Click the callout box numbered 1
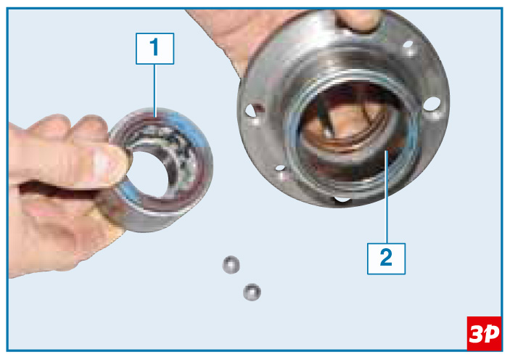[155, 49]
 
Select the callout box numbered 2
[386, 258]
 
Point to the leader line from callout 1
[155, 91]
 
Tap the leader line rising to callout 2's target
[387, 197]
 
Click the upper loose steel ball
[231, 265]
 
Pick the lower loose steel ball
[252, 292]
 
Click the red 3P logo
[484, 333]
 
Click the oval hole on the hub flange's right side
[432, 104]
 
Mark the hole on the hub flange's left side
[250, 110]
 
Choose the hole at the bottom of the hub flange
[342, 199]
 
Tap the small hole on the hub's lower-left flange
[280, 168]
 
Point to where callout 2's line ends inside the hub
[387, 152]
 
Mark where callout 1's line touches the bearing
[155, 117]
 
